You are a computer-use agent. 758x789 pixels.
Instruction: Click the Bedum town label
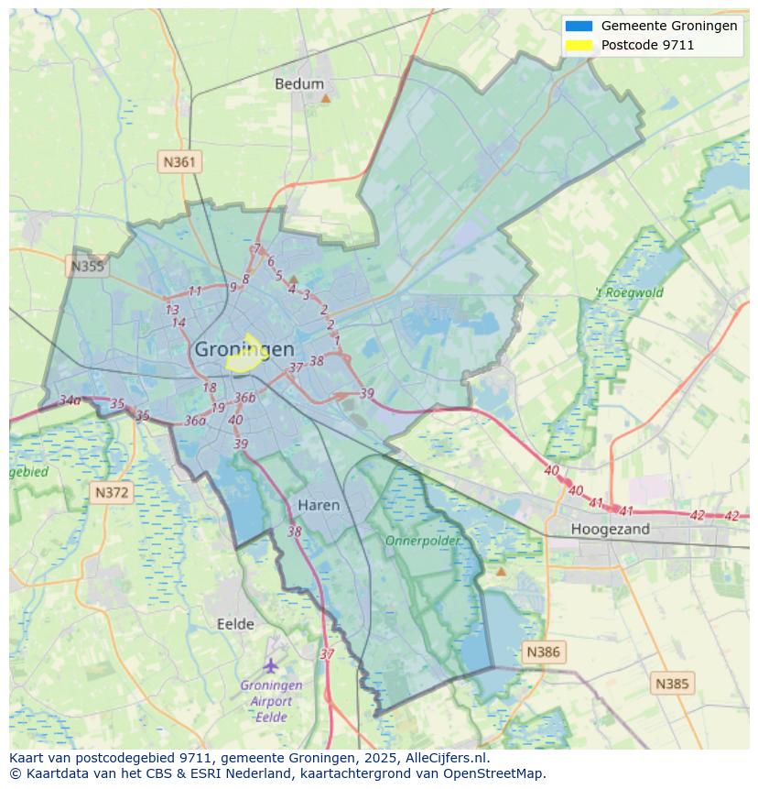point(298,84)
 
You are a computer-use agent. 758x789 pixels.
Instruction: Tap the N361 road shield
point(179,162)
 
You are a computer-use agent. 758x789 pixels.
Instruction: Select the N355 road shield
point(87,267)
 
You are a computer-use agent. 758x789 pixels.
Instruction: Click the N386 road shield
point(542,652)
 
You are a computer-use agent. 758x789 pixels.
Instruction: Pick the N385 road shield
point(673,684)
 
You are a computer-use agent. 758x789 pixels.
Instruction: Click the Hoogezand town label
point(610,530)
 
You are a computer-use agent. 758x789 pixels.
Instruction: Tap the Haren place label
point(318,505)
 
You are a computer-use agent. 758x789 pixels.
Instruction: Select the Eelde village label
point(235,624)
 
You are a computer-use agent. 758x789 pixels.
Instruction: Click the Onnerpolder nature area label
point(422,541)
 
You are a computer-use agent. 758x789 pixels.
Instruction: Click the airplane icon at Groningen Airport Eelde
point(270,664)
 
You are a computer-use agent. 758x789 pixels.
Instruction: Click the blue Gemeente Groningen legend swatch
point(579,26)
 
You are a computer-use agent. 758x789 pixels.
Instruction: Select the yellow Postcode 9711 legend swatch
point(579,44)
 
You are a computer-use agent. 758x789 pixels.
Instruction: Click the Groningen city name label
point(244,349)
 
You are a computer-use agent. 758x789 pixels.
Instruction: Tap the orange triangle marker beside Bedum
point(325,96)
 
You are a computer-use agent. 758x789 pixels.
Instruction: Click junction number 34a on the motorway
point(70,400)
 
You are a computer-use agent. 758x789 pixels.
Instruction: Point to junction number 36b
point(244,398)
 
